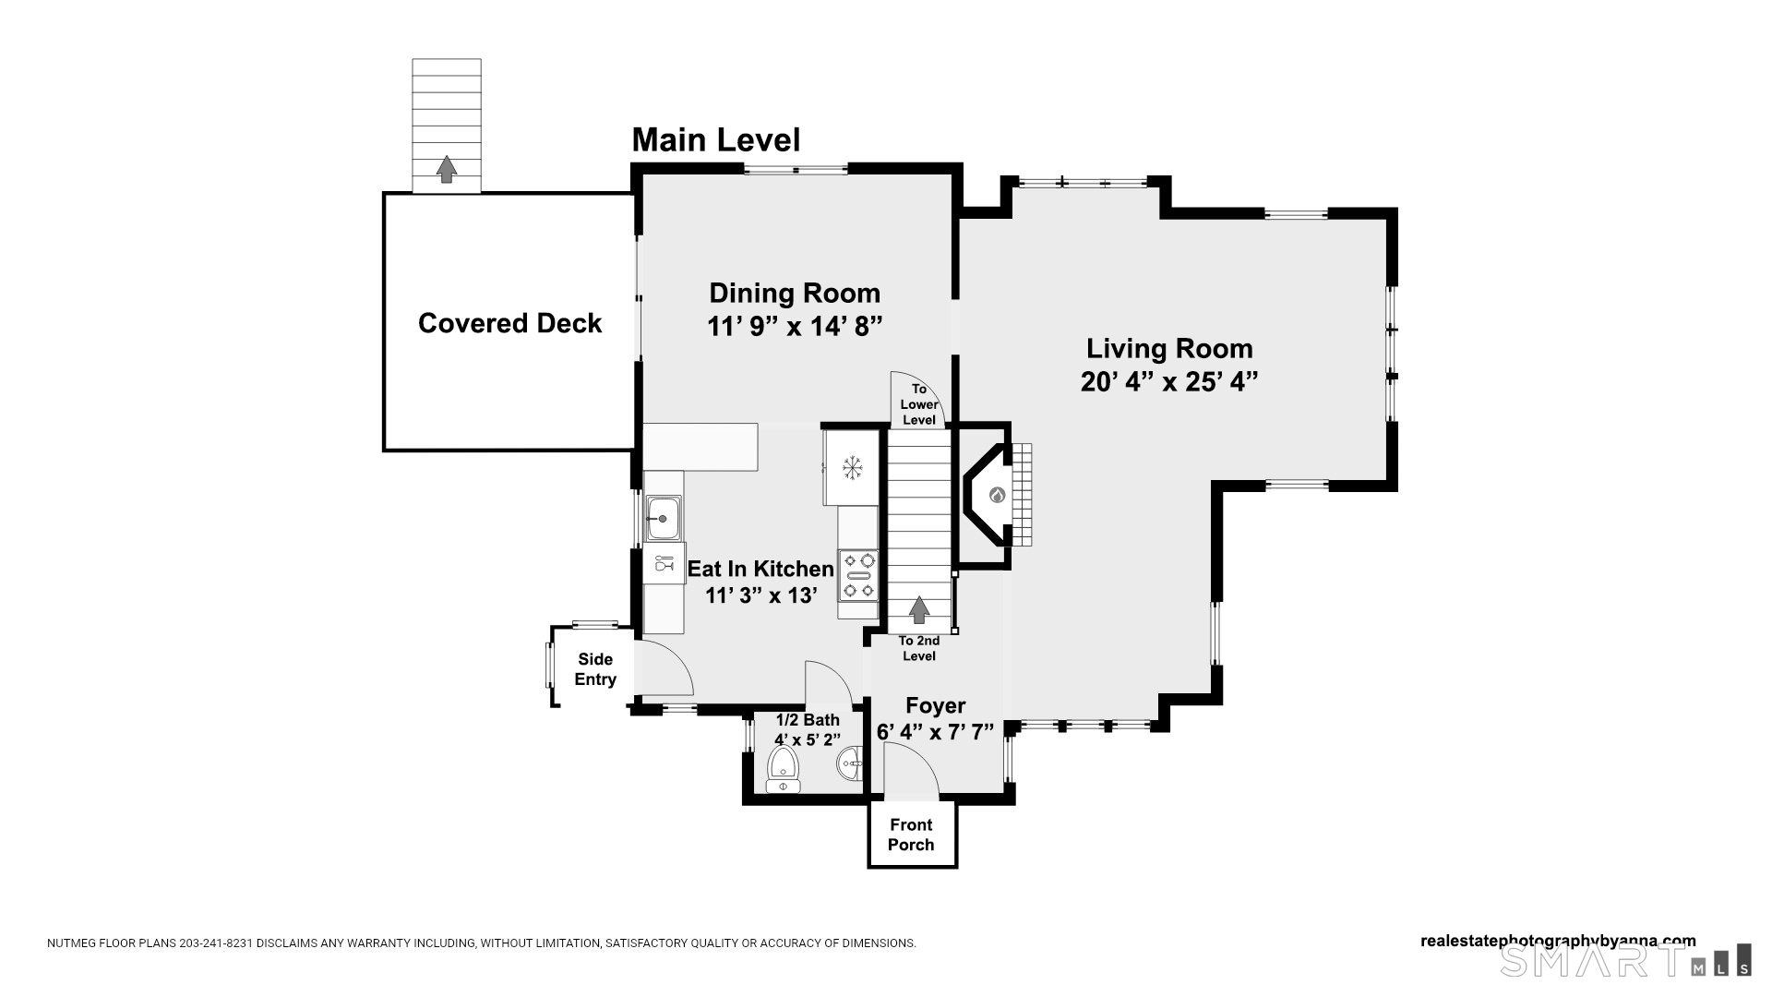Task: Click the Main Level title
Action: coord(716,140)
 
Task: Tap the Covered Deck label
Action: coord(509,323)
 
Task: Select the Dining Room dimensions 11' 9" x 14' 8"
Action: coord(795,327)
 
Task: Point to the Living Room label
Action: coord(1169,348)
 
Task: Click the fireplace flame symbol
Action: coord(997,495)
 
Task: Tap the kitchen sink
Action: coord(663,518)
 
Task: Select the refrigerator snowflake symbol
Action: coord(852,467)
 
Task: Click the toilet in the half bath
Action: coord(784,770)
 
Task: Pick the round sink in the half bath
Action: coord(850,763)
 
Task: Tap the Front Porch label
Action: coord(911,835)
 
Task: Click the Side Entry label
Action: coord(595,669)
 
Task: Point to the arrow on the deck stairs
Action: coord(447,169)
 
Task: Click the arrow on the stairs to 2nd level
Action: coord(919,610)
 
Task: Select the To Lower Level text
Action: coord(919,404)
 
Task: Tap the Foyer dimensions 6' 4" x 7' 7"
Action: coord(935,732)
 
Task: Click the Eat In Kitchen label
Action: coord(760,569)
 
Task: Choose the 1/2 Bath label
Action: coord(808,720)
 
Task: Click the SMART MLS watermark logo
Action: coord(1625,960)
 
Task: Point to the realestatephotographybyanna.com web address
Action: coord(1558,942)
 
